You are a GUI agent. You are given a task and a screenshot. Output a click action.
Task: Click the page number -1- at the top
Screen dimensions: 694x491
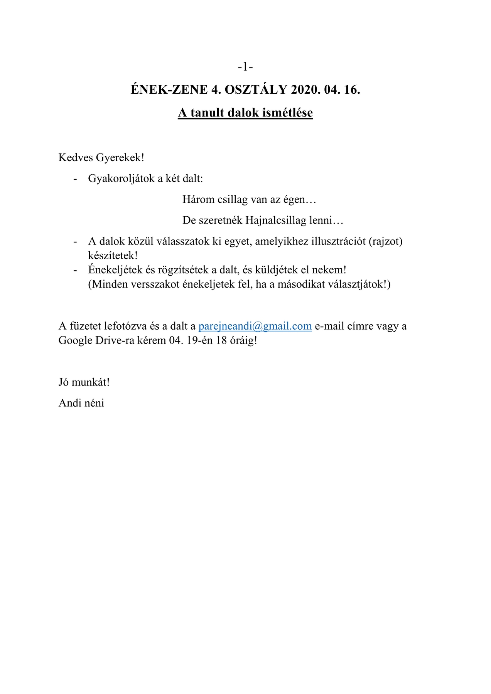[245, 67]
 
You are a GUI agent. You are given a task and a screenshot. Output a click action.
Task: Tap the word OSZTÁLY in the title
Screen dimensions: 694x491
[256, 90]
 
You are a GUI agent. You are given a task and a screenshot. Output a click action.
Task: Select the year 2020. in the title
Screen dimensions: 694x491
[305, 90]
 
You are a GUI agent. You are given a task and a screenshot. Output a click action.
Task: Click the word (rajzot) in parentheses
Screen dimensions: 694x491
[386, 241]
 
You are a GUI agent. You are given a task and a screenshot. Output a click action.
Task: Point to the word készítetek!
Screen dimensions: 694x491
[113, 255]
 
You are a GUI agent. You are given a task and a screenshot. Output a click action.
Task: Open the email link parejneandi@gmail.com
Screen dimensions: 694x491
[255, 326]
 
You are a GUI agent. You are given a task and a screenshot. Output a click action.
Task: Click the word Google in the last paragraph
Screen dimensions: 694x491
[75, 340]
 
